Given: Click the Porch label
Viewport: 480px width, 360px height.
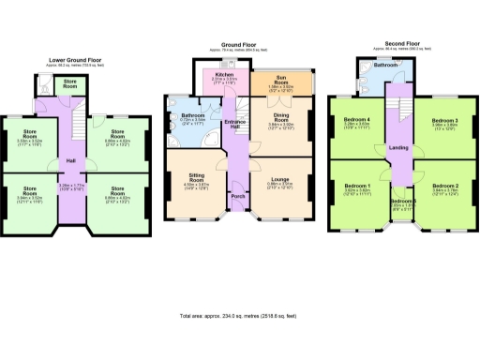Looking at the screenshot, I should click(237, 196).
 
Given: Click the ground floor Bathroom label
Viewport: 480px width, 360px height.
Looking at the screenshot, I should click(194, 115).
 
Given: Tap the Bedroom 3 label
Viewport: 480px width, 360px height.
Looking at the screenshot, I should click(443, 121).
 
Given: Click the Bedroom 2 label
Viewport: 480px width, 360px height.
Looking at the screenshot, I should click(443, 187).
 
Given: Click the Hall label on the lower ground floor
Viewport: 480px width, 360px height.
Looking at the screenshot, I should click(70, 159).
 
